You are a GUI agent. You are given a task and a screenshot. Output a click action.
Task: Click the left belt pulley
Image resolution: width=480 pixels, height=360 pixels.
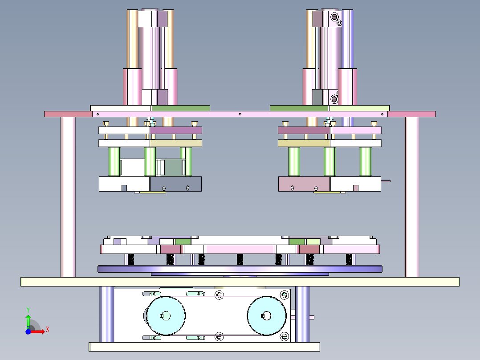coord(166,316)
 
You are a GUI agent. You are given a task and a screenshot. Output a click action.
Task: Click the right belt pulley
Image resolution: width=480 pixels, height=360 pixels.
coord(266,316)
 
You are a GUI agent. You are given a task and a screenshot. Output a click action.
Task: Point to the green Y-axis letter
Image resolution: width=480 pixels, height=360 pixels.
coord(28,310)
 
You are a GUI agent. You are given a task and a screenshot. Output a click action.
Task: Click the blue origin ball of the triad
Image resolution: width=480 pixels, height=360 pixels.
coord(28,331)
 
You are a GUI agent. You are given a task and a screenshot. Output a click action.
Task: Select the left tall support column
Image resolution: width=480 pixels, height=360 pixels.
coord(68,197)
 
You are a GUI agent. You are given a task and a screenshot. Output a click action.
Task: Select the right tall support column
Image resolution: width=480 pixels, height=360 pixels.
coord(412,197)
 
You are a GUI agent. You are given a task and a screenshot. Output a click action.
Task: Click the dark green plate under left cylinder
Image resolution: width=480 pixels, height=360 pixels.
coord(181,108)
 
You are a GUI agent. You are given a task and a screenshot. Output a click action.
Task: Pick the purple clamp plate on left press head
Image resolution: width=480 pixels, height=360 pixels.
coord(176,130)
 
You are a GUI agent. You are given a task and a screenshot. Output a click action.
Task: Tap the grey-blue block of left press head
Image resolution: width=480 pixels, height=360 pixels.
coord(176,184)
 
